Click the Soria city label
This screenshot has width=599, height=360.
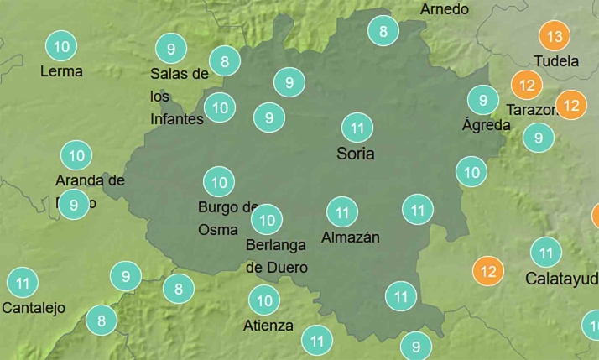[355, 154]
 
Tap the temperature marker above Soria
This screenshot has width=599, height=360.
[357, 128]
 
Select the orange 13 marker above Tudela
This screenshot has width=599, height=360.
[554, 37]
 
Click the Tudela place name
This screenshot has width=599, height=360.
[556, 61]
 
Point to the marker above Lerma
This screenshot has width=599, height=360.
[60, 45]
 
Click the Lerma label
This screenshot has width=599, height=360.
[61, 71]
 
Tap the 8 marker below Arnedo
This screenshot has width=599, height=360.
[383, 32]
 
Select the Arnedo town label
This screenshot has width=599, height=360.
[444, 9]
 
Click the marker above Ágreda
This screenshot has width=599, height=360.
[482, 101]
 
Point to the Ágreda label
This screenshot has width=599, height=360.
[486, 125]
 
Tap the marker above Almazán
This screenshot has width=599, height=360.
[341, 211]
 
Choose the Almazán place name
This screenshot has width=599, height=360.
[351, 237]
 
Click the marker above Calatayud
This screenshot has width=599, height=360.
[546, 252]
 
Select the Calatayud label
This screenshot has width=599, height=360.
[561, 278]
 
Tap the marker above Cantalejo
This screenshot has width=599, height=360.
[23, 282]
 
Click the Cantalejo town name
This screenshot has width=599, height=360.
[34, 308]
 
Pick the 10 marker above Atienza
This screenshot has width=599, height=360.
[265, 300]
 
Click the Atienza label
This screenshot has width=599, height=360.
[268, 326]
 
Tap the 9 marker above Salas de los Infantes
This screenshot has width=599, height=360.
[171, 49]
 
